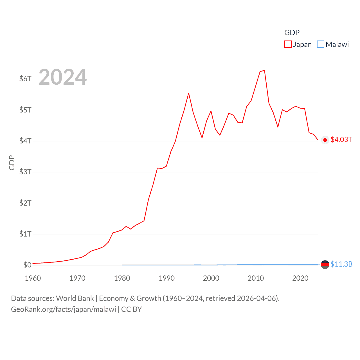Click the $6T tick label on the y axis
25,79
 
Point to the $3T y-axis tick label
25,172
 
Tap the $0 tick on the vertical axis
27,265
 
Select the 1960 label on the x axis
33,278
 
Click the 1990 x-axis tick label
166,278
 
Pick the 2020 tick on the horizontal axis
300,278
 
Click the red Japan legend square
288,44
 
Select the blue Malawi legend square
321,44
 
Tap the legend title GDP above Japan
292,33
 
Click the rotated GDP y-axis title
12,163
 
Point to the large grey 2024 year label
62,77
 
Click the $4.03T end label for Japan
341,140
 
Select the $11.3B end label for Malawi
341,264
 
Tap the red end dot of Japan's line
325,140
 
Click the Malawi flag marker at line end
325,265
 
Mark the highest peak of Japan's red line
264,70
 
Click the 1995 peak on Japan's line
189,93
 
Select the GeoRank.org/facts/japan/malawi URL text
64,309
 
